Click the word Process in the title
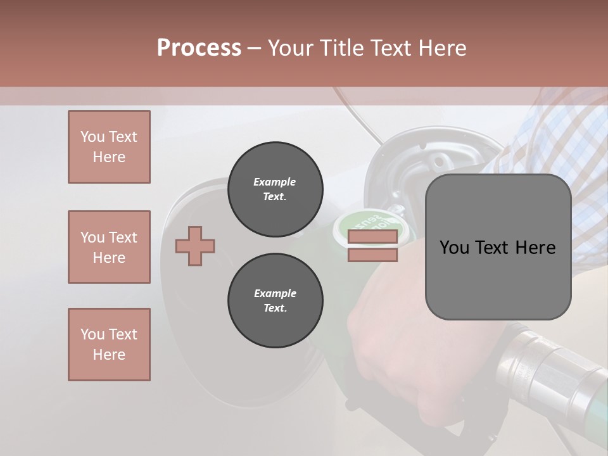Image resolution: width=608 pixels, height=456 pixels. pos(199,48)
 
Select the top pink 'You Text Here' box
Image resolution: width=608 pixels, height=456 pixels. pos(109,147)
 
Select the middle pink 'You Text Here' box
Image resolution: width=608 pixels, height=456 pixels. pos(109,247)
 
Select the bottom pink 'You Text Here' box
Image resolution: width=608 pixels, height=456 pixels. pos(109,345)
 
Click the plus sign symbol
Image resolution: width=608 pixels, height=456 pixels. pos(195,246)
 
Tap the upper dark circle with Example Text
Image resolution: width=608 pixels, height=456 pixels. pos(275,189)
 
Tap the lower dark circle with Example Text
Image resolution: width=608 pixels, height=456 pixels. pos(275,301)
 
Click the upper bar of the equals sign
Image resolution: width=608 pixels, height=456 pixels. pos(373,237)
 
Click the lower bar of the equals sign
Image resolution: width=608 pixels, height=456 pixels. pos(373,255)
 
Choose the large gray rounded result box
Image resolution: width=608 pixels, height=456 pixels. pos(498,247)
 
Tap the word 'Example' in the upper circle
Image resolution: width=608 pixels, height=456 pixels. pos(274,182)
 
